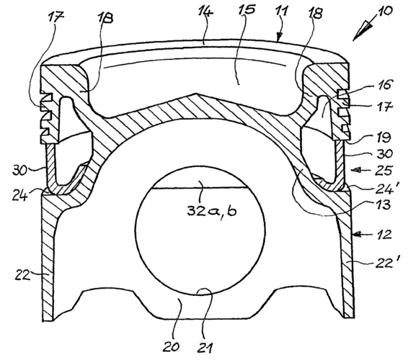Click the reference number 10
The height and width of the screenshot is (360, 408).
[x=385, y=12]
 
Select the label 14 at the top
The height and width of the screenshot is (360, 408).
[x=205, y=12]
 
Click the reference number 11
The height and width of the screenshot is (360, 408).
[x=282, y=12]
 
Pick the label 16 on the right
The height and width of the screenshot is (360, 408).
[x=383, y=84]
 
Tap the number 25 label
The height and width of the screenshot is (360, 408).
[x=384, y=171]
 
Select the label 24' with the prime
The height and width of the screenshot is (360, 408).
[x=384, y=189]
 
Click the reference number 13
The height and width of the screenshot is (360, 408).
[x=383, y=204]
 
